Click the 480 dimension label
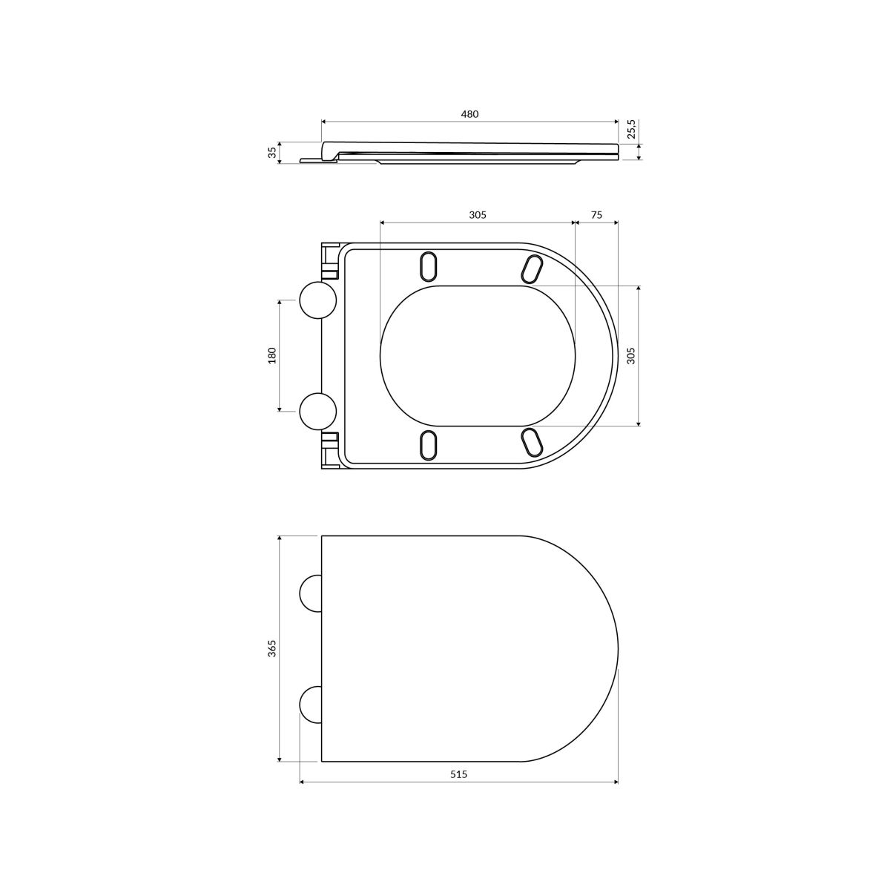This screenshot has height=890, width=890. coord(469,114)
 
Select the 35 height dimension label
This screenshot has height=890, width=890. coord(273,152)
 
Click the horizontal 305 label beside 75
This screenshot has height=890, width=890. coord(478,215)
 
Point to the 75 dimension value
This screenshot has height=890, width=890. coord(597,215)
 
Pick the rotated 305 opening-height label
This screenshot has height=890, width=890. coord(631,356)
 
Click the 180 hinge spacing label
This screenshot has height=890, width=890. coord(272,355)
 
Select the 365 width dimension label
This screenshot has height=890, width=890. coord(272,648)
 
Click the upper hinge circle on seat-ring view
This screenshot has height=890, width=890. coord(318,300)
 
